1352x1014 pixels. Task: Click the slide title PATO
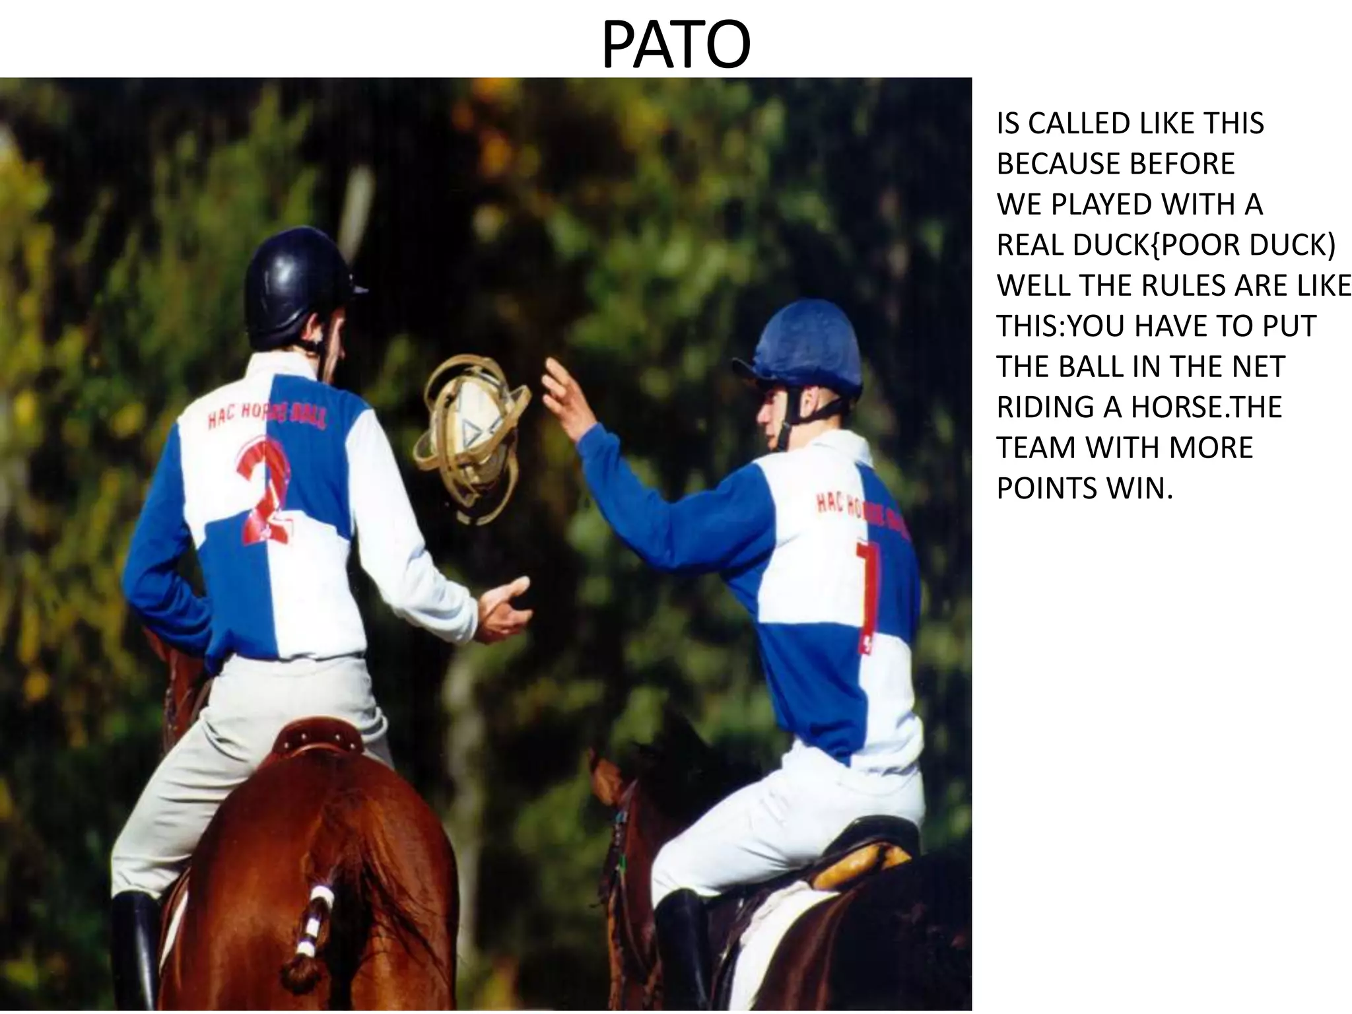click(675, 45)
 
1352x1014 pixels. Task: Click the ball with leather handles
click(472, 439)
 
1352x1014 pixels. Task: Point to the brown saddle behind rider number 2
click(317, 739)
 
